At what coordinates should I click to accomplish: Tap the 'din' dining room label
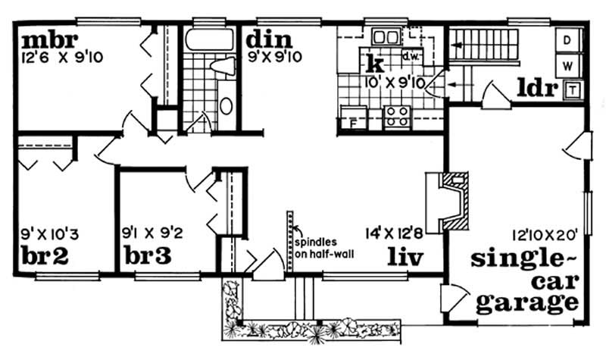(263, 37)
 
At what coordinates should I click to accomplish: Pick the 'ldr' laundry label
(537, 89)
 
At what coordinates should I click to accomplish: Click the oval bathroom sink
(226, 105)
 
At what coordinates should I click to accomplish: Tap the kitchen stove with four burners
(397, 117)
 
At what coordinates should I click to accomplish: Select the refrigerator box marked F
(352, 120)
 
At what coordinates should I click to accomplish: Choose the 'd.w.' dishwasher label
(411, 56)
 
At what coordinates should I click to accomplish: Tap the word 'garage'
(523, 303)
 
